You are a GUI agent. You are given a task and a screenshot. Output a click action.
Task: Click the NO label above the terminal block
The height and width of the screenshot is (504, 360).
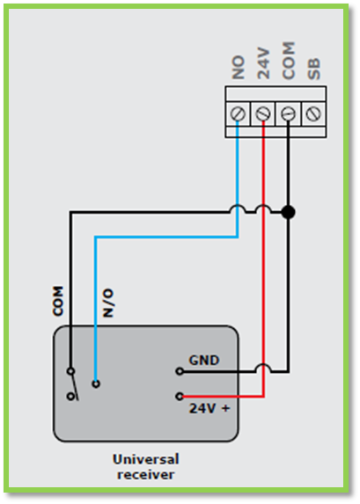click(x=238, y=68)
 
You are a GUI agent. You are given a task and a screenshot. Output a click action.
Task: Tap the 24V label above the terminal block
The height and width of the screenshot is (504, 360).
click(x=263, y=63)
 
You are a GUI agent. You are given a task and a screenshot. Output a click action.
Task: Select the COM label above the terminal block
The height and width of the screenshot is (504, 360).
click(x=289, y=61)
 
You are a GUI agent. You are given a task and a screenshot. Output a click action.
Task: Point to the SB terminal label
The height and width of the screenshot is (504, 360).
click(x=314, y=69)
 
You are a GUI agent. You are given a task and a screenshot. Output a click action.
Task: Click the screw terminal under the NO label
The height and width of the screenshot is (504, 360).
click(x=238, y=113)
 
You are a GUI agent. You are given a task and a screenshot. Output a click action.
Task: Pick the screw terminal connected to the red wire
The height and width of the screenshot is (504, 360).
click(x=263, y=113)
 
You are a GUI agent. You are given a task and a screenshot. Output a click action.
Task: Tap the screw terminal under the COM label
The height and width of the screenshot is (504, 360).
click(x=288, y=113)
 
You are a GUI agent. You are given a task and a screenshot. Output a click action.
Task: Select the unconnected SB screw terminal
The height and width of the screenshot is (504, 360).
click(x=313, y=113)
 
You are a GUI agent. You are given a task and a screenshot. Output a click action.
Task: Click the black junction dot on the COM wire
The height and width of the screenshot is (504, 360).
click(x=288, y=212)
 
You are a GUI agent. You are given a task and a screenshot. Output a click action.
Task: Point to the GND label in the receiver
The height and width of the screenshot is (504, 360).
click(x=204, y=361)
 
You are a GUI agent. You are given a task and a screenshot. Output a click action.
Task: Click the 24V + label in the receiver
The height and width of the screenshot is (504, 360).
click(x=209, y=408)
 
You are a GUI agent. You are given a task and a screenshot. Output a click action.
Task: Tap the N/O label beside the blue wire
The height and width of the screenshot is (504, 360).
click(x=108, y=303)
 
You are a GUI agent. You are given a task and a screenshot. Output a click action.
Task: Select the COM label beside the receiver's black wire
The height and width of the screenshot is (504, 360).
click(x=58, y=301)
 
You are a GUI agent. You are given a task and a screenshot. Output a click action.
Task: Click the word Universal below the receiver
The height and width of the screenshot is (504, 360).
click(x=146, y=459)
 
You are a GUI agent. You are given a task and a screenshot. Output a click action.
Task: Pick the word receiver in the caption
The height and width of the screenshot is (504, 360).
click(x=146, y=475)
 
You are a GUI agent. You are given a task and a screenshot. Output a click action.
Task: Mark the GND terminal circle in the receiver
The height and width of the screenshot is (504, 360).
click(x=180, y=371)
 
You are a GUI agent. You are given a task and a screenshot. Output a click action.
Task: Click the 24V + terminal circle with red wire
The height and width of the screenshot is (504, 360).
click(x=180, y=397)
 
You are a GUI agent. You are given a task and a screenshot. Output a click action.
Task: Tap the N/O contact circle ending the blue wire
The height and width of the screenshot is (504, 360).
click(x=96, y=383)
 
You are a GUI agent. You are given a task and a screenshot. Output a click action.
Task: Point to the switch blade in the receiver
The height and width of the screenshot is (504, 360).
click(x=75, y=387)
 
